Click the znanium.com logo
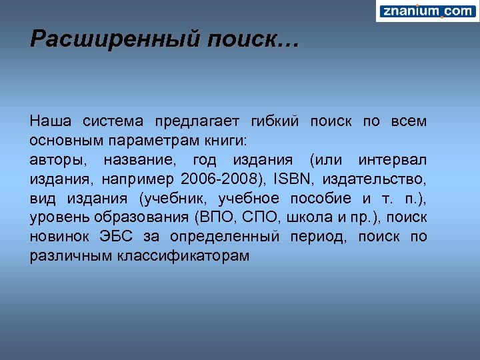coord(427,11)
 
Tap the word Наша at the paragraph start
coord(48,121)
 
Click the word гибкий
coord(274,121)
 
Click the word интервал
coord(393,161)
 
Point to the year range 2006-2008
coord(223,180)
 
